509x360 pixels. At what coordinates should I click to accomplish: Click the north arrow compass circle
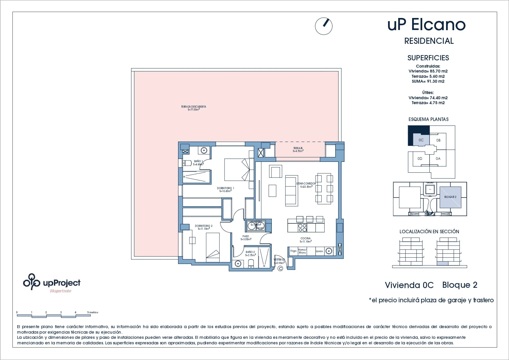(x=324, y=26)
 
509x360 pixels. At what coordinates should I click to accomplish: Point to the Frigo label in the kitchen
(x=294, y=251)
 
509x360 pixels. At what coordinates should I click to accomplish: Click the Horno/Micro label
(x=302, y=251)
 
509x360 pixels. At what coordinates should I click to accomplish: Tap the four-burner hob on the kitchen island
(x=302, y=228)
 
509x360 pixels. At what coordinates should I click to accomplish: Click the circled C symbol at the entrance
(x=280, y=269)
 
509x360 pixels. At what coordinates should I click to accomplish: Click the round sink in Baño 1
(x=204, y=150)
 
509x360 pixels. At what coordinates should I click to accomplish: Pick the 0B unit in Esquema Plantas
(x=438, y=140)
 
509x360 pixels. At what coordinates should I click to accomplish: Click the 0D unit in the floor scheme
(x=420, y=159)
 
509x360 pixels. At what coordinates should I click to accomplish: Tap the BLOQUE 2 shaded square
(x=450, y=197)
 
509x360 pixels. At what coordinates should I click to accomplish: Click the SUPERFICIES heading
(x=428, y=58)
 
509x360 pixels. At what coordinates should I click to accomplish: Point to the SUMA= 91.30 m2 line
(x=428, y=82)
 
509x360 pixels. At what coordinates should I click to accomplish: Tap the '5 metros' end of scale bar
(x=93, y=312)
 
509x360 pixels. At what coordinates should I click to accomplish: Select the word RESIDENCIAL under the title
(x=429, y=41)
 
